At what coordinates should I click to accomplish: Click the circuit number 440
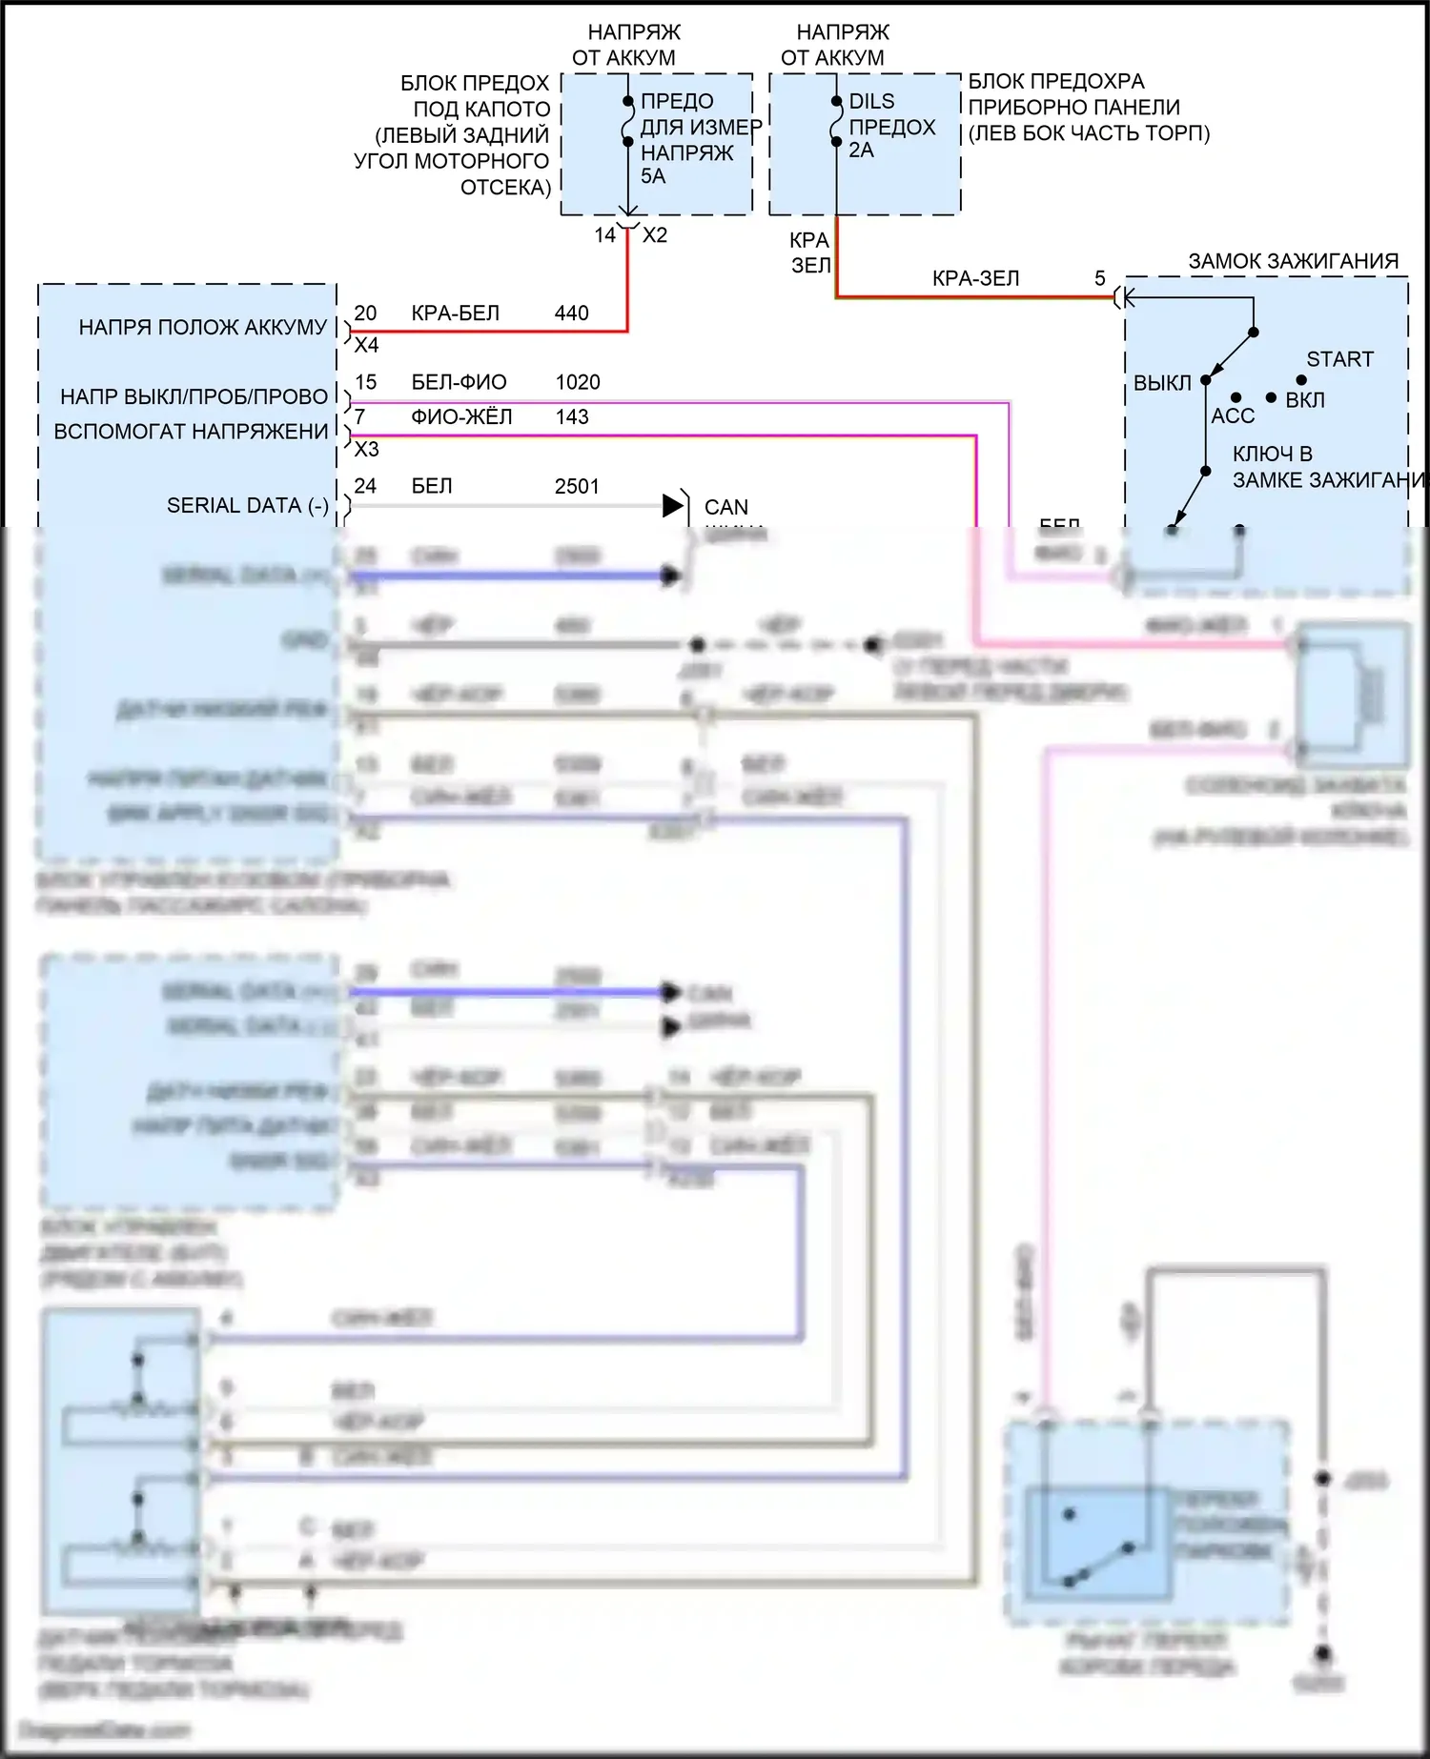click(571, 313)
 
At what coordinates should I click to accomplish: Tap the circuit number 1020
click(578, 382)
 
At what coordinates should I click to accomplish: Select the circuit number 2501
click(577, 486)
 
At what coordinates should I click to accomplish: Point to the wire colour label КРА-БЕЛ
click(455, 313)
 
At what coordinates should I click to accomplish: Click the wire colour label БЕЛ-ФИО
click(459, 382)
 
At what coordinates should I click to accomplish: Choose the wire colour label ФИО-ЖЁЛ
click(461, 417)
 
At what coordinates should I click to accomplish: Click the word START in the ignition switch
click(1339, 359)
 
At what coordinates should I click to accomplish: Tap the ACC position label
click(1233, 415)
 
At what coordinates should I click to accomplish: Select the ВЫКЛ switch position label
click(1162, 383)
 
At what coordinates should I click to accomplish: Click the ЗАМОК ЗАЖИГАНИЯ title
click(1293, 261)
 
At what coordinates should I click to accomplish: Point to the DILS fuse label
click(871, 101)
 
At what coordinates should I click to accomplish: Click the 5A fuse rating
click(653, 176)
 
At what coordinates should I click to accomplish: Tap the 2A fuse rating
click(861, 151)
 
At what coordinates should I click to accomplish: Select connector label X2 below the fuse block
click(655, 235)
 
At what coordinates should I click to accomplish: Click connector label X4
click(366, 345)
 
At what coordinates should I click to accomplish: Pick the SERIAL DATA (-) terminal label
click(247, 505)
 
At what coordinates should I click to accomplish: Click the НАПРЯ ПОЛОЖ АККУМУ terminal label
click(202, 327)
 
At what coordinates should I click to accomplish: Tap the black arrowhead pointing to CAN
click(673, 506)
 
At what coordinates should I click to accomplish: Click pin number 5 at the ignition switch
click(1099, 278)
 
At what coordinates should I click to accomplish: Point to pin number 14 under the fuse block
click(605, 235)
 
